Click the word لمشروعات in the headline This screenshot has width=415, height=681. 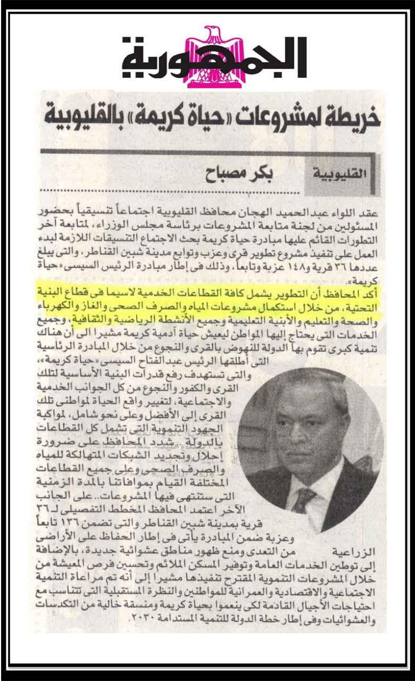click(282, 118)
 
